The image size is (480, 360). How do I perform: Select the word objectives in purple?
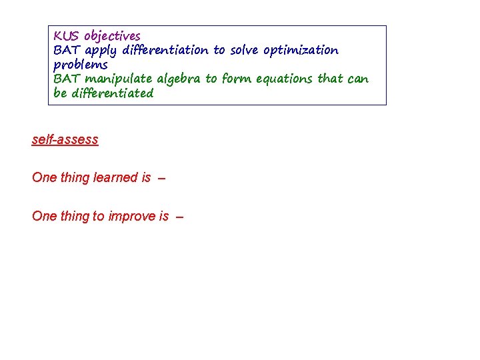pos(112,36)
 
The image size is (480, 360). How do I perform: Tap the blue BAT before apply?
pos(67,50)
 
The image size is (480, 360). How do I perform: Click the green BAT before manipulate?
pos(67,79)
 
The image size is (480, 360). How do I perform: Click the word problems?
pos(80,65)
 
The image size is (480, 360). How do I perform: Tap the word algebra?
pos(179,79)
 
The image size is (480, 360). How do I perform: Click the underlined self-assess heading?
pos(65,139)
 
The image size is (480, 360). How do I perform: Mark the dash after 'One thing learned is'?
pos(162,178)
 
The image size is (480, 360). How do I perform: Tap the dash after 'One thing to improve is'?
pos(179,217)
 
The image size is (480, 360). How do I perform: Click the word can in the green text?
pos(357,79)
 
